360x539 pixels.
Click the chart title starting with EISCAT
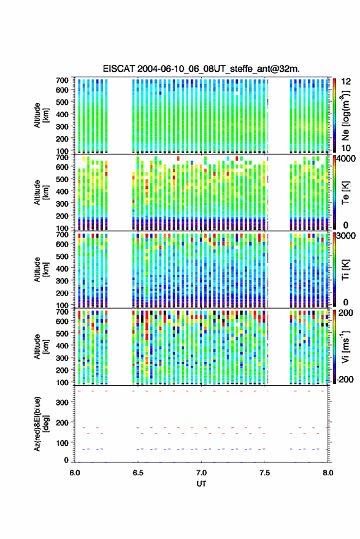pos(201,69)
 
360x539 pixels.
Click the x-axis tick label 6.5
pos(138,473)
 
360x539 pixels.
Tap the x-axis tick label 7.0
pos(201,473)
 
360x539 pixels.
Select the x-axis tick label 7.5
pos(264,473)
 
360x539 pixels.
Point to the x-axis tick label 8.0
pos(327,473)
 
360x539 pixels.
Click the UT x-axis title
pos(201,484)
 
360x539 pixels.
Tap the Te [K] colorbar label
pos(345,193)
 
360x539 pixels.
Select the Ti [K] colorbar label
pos(345,270)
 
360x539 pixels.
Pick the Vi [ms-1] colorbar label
pos(345,346)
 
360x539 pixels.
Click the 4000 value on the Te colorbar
pos(346,159)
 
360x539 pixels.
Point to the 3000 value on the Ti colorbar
pos(346,236)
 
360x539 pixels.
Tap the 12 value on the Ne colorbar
pos(346,82)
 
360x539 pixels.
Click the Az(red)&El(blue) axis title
pos(42,424)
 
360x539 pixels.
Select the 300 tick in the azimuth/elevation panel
pos(62,402)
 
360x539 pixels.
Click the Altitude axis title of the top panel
pos(41,115)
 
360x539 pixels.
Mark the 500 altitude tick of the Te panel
pos(62,179)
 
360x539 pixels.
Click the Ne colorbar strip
pos(334,115)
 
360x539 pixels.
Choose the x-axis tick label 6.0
pos(75,473)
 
